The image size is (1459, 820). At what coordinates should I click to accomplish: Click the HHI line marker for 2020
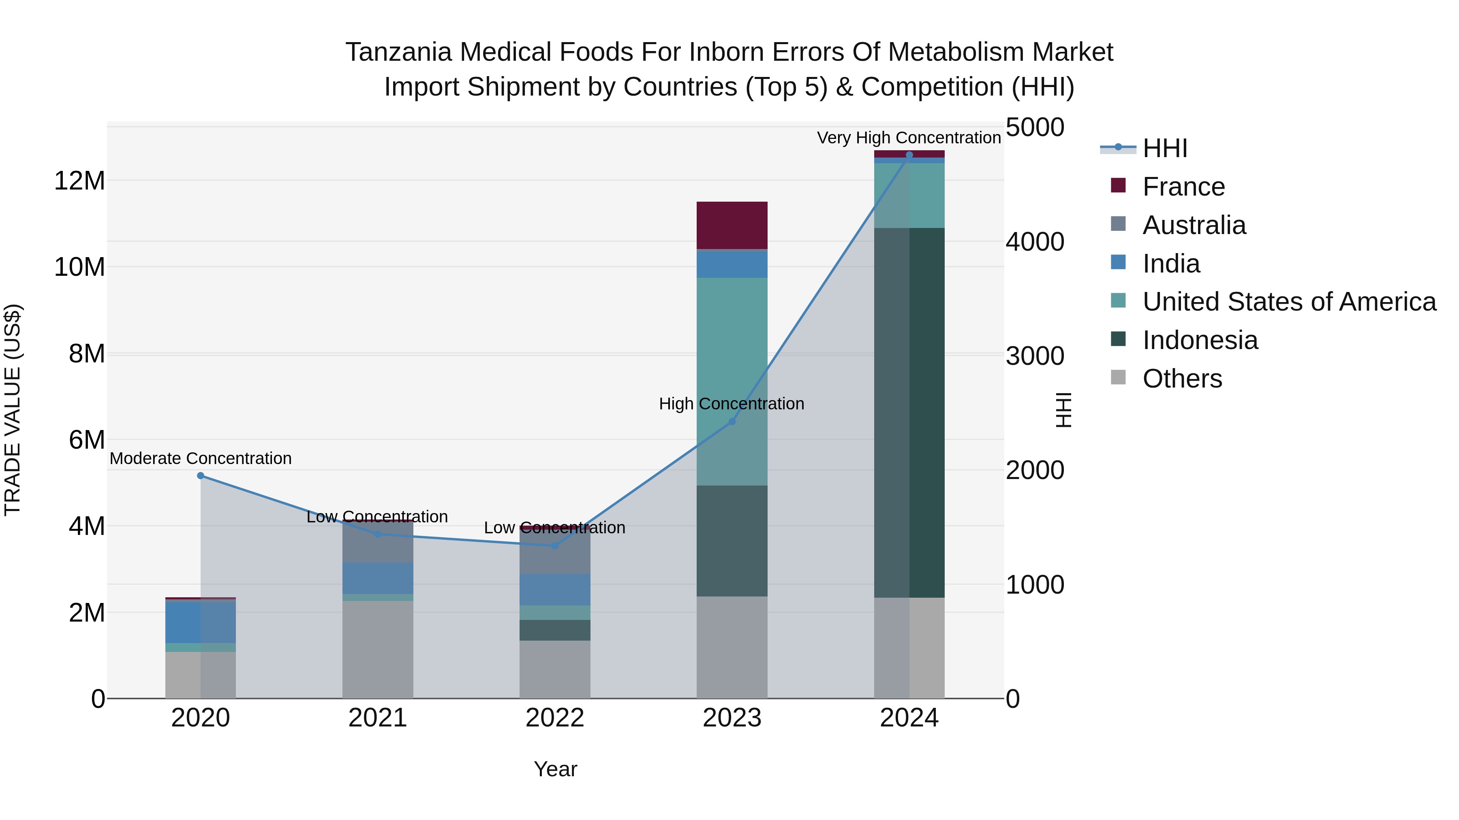[201, 475]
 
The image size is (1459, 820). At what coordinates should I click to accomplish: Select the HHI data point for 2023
[732, 421]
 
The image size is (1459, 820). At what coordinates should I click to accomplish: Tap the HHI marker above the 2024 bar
[909, 155]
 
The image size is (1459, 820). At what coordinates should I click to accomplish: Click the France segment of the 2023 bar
[732, 225]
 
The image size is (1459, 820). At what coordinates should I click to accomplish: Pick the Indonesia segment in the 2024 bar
[909, 413]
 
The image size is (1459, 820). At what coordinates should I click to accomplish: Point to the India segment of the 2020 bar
[201, 622]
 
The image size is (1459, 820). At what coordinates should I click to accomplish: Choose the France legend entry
[1183, 187]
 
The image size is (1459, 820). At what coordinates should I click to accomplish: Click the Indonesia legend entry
[1200, 340]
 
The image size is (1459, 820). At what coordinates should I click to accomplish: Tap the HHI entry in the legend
[1164, 148]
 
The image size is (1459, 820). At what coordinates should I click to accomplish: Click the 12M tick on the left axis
[79, 181]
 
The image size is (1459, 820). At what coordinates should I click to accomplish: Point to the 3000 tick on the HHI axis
[1035, 356]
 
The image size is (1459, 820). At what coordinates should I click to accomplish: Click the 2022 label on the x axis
[554, 718]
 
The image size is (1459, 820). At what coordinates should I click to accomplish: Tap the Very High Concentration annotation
[909, 138]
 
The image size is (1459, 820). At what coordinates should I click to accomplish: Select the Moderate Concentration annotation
[201, 458]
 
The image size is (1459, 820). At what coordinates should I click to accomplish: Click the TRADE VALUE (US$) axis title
[13, 410]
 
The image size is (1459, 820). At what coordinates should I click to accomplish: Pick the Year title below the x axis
[555, 769]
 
